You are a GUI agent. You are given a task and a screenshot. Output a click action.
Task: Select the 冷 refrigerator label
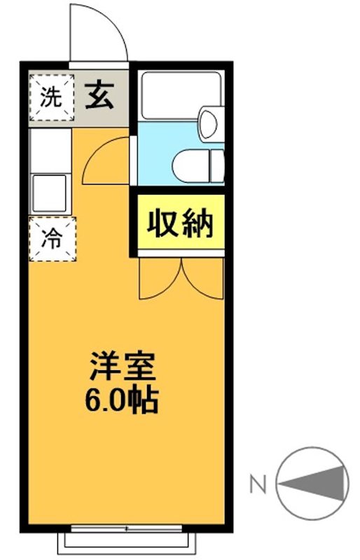pos(51,239)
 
